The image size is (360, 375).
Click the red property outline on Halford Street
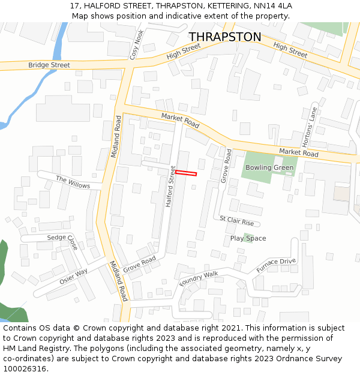186,173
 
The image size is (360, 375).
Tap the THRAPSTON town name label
225,37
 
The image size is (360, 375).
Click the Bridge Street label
49,65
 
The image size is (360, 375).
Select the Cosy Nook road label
137,45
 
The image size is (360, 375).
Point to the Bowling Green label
269,167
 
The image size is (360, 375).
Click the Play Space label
248,238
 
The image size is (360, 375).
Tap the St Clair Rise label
236,221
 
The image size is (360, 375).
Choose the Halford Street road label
170,187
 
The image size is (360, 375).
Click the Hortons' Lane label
310,127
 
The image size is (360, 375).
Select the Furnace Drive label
277,265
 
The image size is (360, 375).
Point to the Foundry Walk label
199,278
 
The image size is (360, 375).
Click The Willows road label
73,182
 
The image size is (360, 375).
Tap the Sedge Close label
63,241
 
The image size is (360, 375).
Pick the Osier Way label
73,276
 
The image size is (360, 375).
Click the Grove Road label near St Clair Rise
227,166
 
